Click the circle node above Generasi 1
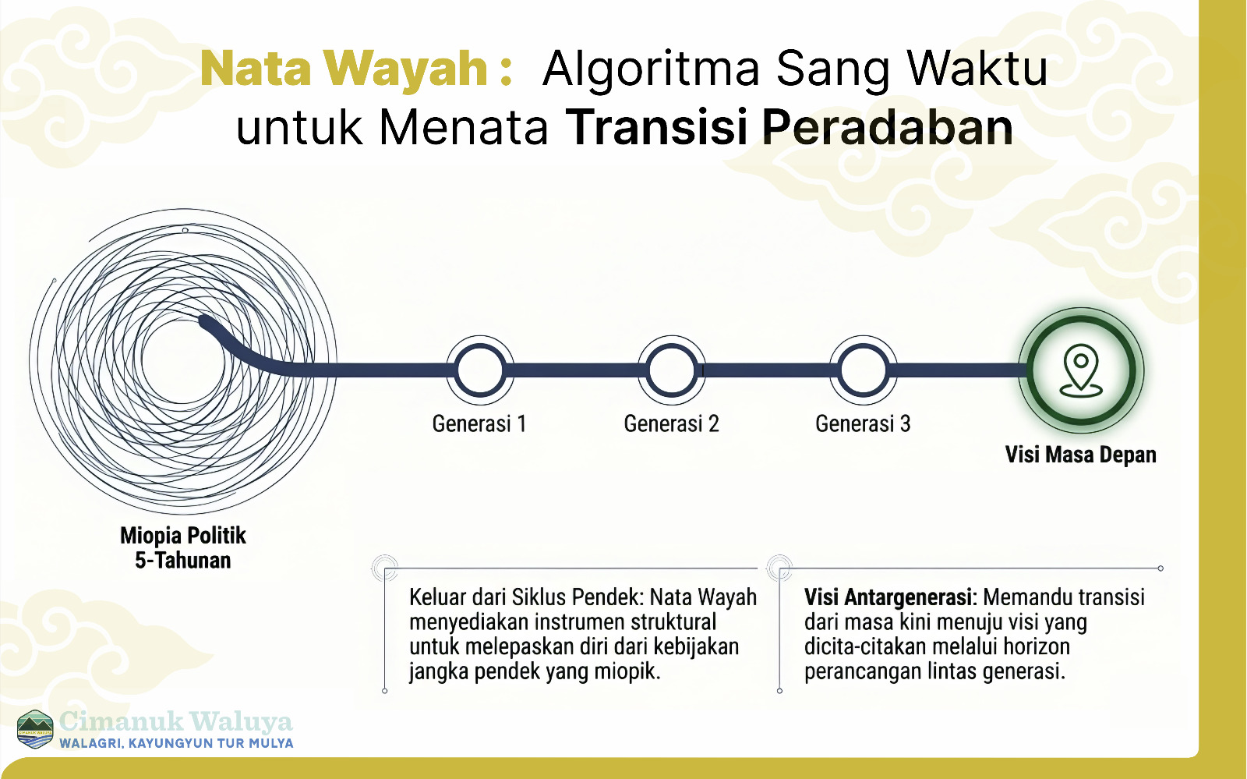click(x=480, y=370)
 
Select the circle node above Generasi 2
click(x=672, y=370)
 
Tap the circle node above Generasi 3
click(x=864, y=370)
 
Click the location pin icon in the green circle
click(x=1081, y=370)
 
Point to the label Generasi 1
click(x=479, y=423)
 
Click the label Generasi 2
click(x=671, y=423)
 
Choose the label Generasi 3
click(x=863, y=423)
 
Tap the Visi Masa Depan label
click(x=1080, y=454)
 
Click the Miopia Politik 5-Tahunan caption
click(x=183, y=547)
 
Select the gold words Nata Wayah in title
click(x=344, y=69)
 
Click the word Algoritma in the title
click(x=651, y=69)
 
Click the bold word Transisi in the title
click(x=656, y=127)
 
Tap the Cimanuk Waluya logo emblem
click(x=35, y=729)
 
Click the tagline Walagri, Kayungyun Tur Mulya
click(x=176, y=743)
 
